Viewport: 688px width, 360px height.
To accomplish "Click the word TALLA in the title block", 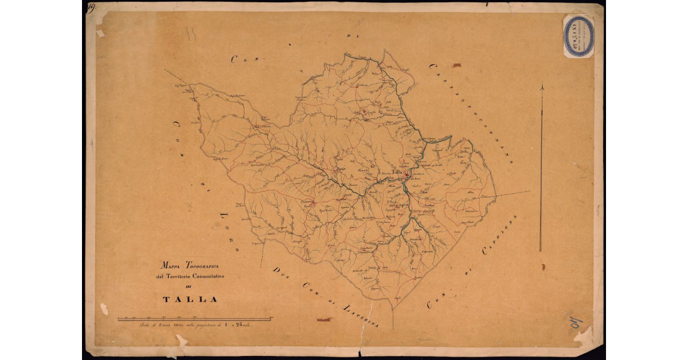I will point(190,299).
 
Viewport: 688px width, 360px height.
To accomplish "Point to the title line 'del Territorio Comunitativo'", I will point(190,277).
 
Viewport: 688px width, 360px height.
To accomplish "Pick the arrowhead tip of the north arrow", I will point(542,85).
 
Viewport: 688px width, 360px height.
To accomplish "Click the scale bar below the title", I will point(195,319).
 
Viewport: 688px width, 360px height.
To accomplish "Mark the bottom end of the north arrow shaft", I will point(541,251).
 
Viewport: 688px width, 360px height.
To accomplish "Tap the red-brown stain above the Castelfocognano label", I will point(456,65).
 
